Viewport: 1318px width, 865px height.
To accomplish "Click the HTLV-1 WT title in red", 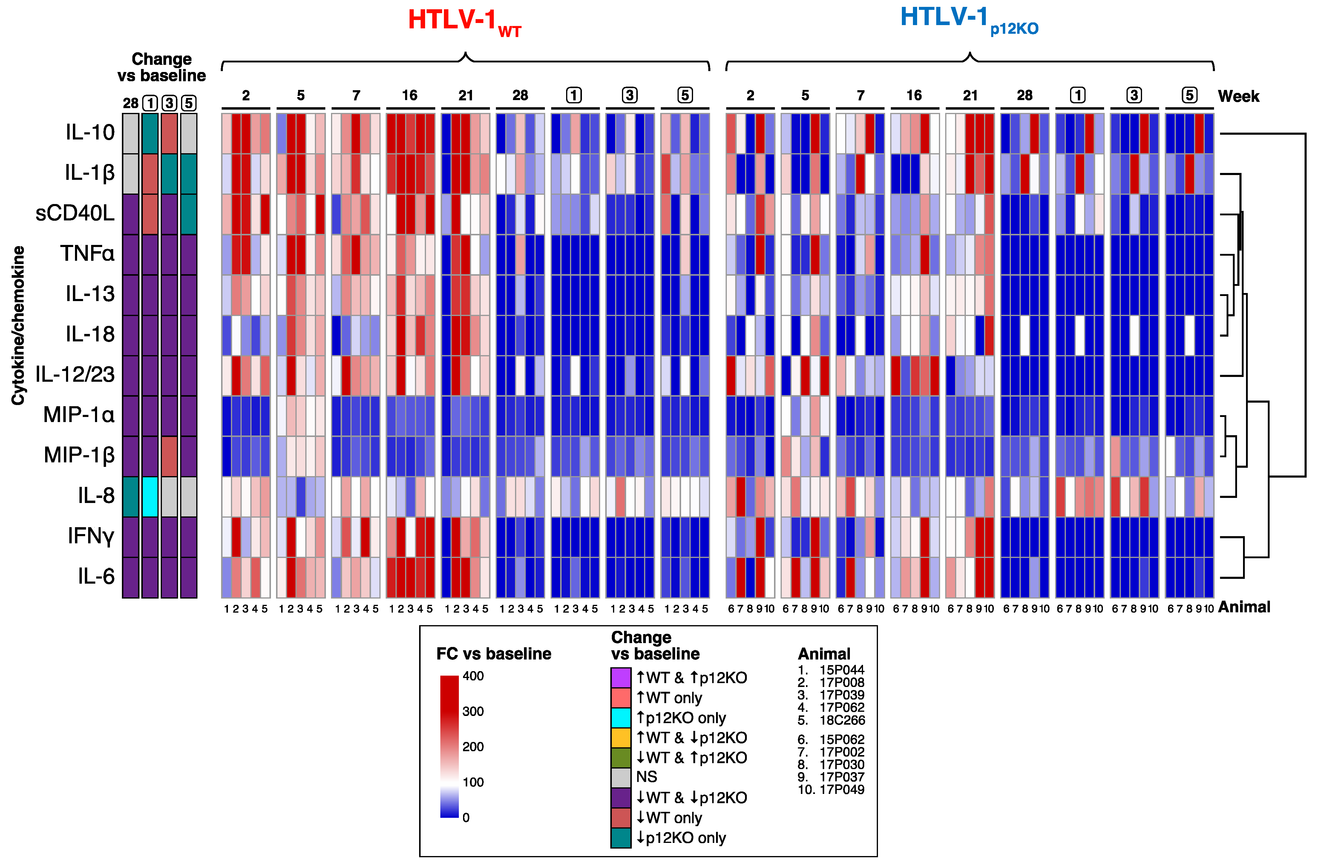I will pyautogui.click(x=464, y=21).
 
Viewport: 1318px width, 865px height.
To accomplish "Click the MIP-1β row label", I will pyautogui.click(x=79, y=455).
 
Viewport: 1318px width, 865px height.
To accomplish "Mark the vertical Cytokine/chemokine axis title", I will pyautogui.click(x=18, y=326).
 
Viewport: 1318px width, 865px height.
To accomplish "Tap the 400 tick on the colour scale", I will pyautogui.click(x=473, y=676).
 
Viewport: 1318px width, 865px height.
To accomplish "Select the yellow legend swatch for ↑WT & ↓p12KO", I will pyautogui.click(x=621, y=738).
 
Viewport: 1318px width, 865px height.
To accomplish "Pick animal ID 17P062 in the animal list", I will pyautogui.click(x=842, y=708).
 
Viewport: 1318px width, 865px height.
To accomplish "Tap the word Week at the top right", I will pyautogui.click(x=1238, y=97).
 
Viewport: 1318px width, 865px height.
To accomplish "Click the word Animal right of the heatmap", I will pyautogui.click(x=1244, y=608).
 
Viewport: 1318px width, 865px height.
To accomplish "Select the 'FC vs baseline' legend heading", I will pyautogui.click(x=494, y=654).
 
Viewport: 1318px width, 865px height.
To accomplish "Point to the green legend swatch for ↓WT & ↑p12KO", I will pyautogui.click(x=621, y=757).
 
